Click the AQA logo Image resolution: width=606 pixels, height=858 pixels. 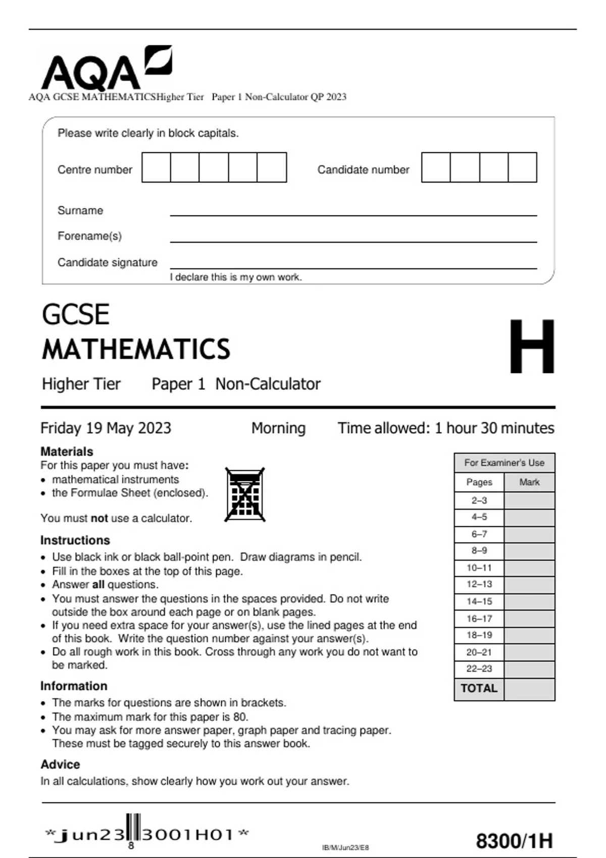[106, 68]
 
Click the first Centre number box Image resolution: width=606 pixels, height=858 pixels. [156, 168]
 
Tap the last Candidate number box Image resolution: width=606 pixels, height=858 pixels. [522, 168]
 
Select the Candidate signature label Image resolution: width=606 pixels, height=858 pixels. [108, 262]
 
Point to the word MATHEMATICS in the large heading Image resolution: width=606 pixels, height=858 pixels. [136, 349]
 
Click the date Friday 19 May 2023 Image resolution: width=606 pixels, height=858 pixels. [106, 428]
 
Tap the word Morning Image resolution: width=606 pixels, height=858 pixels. [278, 428]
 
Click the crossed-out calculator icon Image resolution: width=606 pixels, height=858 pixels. [245, 495]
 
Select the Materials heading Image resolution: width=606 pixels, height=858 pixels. [67, 451]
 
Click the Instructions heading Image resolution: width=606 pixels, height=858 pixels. [75, 540]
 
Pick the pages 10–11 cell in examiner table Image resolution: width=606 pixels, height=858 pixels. [479, 568]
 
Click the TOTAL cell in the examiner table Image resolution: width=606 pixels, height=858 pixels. [479, 688]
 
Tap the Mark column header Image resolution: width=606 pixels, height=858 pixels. [529, 482]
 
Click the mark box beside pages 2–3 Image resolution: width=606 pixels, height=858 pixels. [529, 500]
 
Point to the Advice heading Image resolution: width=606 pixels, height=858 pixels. [60, 764]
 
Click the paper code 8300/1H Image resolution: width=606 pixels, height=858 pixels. [514, 841]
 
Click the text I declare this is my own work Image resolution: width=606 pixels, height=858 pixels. [236, 277]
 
